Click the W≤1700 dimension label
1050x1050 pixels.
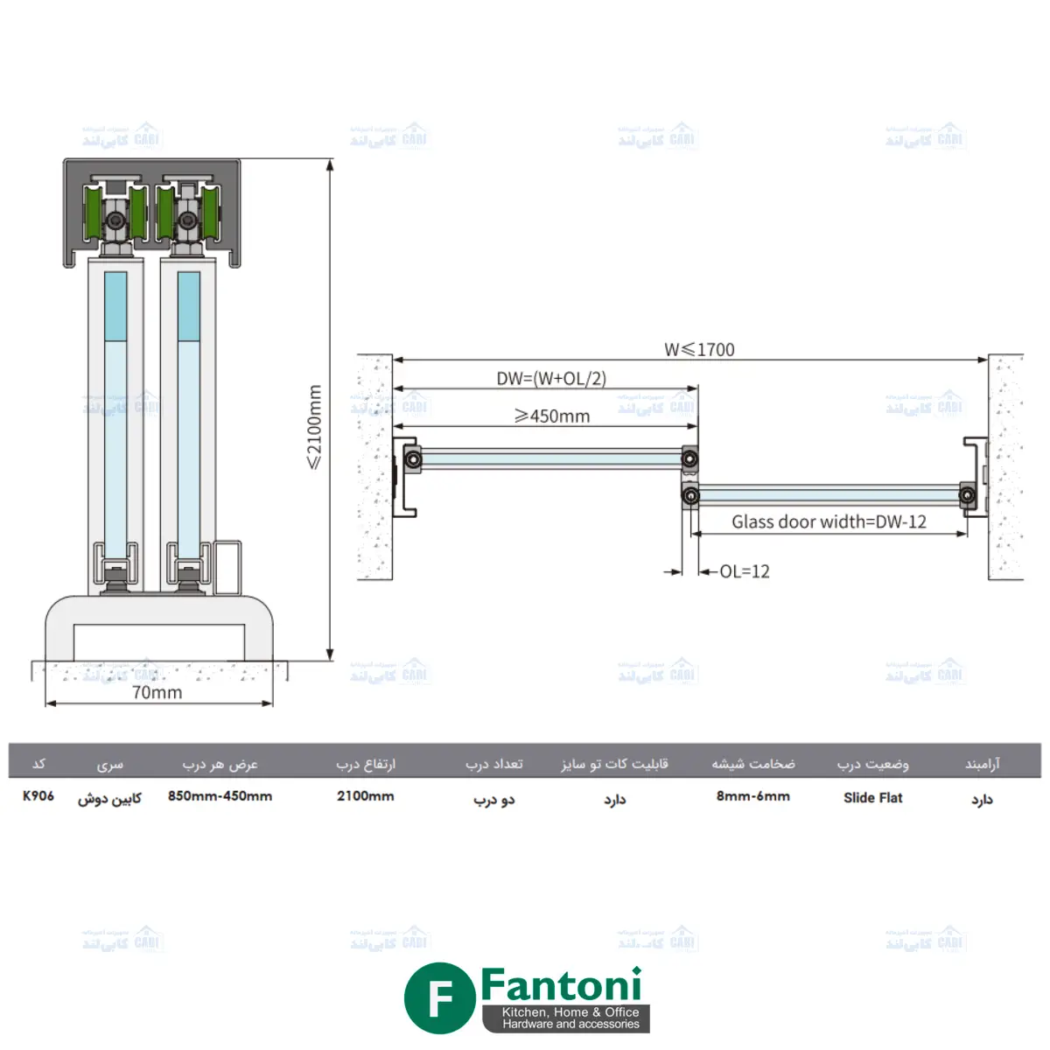tap(699, 349)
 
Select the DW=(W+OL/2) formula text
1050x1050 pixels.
tap(551, 378)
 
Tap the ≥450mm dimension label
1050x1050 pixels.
tap(552, 416)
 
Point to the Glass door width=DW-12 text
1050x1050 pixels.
tap(829, 521)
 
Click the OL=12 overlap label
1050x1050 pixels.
tap(745, 571)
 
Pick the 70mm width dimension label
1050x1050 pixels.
tap(157, 692)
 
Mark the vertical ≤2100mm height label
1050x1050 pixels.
tap(315, 427)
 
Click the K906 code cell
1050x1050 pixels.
tap(38, 796)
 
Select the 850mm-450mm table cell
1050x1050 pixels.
tap(220, 796)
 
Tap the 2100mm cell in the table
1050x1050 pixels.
tap(365, 796)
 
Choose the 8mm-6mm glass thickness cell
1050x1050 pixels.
tap(752, 796)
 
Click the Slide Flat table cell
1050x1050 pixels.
tap(872, 797)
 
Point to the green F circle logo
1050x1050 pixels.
tap(439, 998)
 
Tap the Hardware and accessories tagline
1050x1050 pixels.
tap(570, 1024)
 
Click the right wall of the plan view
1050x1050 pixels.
tap(1005, 466)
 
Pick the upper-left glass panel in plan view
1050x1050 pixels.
tap(551, 458)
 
